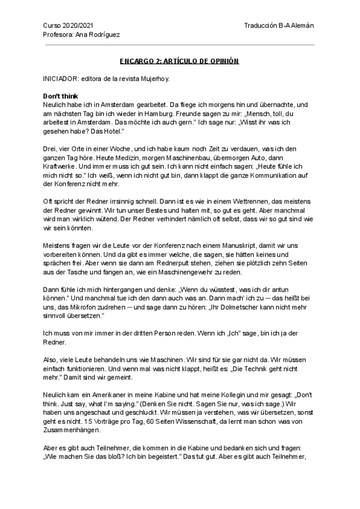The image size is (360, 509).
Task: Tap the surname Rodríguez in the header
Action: pyautogui.click(x=103, y=34)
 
